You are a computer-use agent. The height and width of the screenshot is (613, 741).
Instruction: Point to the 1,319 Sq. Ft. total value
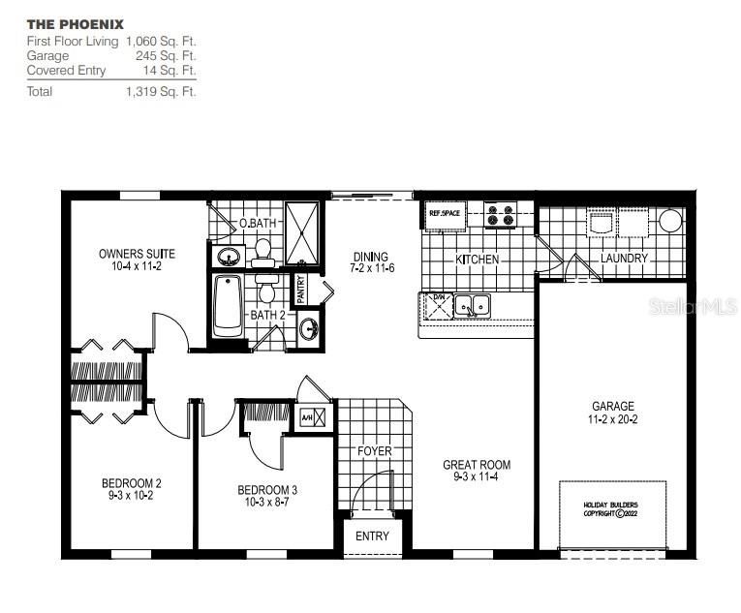161,91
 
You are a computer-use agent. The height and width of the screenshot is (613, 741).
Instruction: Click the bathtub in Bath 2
227,305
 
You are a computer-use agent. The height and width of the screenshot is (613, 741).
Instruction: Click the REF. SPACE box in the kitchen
445,212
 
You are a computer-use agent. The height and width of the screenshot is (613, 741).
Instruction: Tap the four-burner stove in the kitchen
500,215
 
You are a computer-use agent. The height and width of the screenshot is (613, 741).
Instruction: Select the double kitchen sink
474,306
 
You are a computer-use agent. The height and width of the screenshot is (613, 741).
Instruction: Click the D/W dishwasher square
438,306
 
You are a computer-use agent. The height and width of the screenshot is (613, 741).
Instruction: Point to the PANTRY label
301,288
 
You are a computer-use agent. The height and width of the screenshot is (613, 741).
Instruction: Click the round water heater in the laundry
670,221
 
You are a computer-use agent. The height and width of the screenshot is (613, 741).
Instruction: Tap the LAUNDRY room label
624,259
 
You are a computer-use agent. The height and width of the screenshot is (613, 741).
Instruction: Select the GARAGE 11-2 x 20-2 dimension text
613,420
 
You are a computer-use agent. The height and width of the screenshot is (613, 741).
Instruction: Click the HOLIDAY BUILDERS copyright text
610,509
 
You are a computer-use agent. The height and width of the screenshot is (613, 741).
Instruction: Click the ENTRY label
372,536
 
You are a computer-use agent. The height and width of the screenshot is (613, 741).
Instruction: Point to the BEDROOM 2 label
132,483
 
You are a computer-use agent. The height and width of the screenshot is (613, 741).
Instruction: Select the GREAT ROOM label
476,465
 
